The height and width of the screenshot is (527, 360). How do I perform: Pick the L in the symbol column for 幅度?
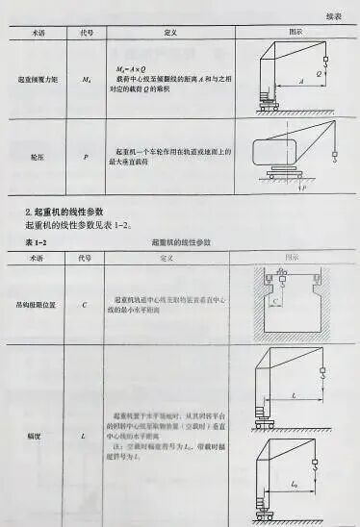click(85, 436)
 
